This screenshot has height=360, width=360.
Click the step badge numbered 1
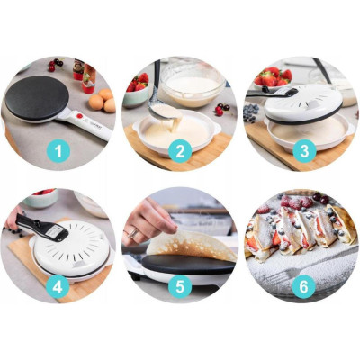click(58, 151)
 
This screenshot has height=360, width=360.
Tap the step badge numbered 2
click(180, 151)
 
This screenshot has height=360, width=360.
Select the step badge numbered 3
click(304, 151)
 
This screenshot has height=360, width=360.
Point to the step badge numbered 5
click(180, 286)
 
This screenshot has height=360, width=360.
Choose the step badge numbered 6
click(303, 287)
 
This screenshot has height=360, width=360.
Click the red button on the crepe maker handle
click(80, 116)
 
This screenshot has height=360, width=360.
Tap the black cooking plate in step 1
click(37, 97)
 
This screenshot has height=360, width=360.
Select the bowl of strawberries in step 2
click(137, 90)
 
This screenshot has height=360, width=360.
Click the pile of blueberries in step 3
click(251, 112)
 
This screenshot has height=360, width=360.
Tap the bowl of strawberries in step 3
click(273, 78)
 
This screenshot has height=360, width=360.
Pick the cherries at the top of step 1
click(56, 65)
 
